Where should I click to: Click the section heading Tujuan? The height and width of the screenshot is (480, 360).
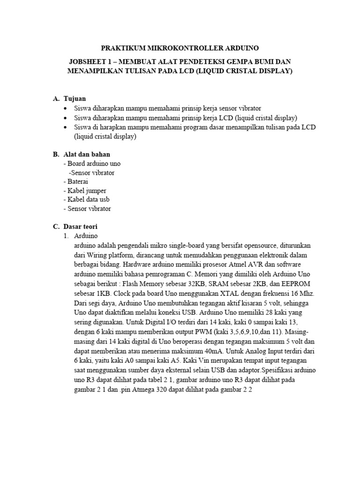(x=75, y=99)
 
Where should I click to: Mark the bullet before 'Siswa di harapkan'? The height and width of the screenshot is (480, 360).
(x=65, y=127)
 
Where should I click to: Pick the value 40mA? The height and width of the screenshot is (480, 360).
(x=214, y=351)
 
